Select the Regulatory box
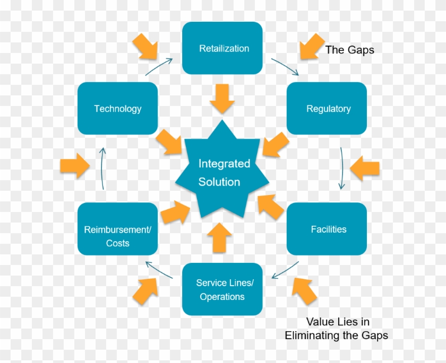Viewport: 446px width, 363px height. [x=327, y=109]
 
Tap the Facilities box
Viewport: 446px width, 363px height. [x=327, y=229]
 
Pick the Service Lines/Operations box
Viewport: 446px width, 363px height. [x=222, y=289]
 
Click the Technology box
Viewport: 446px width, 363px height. [x=117, y=109]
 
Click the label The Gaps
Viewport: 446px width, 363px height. [x=349, y=50]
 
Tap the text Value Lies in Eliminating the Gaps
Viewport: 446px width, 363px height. [x=337, y=329]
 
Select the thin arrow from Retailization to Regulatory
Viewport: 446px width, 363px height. [x=286, y=66]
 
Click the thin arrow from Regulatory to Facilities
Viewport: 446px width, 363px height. [x=341, y=169]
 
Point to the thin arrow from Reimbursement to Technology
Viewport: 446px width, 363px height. [x=103, y=169]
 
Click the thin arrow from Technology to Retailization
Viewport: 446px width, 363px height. [x=159, y=67]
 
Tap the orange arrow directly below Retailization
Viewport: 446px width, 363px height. [x=222, y=98]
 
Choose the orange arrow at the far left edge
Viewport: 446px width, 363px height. [x=74, y=166]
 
